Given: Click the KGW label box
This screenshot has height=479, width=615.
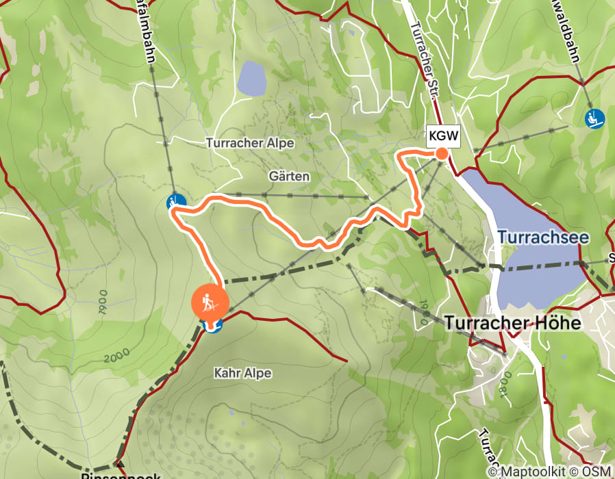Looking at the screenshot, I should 442,135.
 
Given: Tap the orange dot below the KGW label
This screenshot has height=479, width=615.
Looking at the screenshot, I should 442,153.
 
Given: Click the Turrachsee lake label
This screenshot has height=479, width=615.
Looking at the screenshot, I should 543,237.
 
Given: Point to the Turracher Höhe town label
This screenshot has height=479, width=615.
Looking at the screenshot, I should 513,323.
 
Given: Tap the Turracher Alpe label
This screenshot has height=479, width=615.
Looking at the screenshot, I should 250,143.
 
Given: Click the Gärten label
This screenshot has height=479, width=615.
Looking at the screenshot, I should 289,176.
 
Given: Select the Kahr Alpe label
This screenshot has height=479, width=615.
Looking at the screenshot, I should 242,373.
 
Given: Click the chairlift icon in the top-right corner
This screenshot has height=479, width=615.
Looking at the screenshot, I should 594,118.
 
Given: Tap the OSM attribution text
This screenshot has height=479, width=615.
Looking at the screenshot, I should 597,471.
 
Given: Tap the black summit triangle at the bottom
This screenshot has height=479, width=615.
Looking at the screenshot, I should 120,465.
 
